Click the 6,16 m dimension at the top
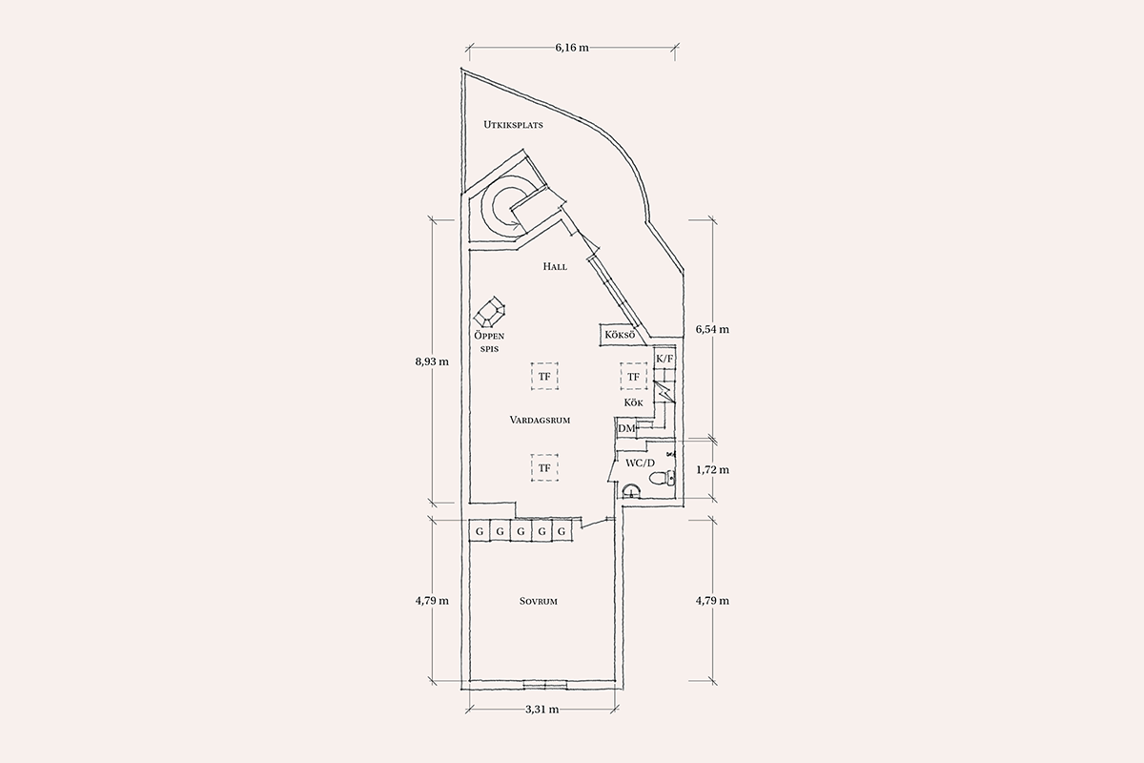(x=572, y=48)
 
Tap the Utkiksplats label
(x=513, y=125)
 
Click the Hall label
(x=555, y=266)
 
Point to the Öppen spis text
(x=489, y=341)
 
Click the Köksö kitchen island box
(x=620, y=336)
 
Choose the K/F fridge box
(x=665, y=359)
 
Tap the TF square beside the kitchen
(x=633, y=377)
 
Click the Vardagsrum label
(x=540, y=420)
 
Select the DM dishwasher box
(x=626, y=428)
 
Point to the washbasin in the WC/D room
(x=633, y=490)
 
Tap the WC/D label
(x=640, y=464)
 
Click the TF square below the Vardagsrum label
(x=544, y=467)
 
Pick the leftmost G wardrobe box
(x=479, y=531)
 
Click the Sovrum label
(x=539, y=602)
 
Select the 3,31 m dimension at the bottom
(x=541, y=710)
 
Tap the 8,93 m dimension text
(x=432, y=361)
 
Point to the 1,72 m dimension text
(x=712, y=469)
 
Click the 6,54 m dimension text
(x=712, y=330)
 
